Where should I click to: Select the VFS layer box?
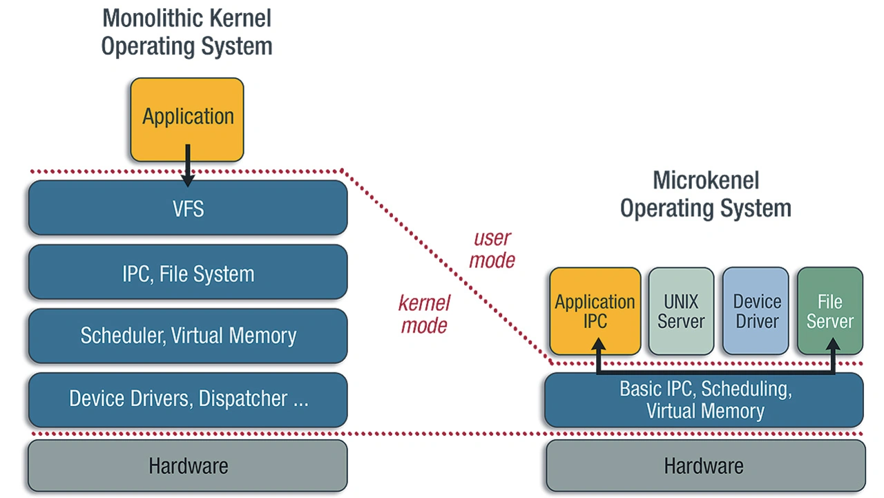pyautogui.click(x=187, y=208)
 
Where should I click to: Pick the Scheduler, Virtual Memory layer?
pyautogui.click(x=187, y=336)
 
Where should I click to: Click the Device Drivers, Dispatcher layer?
pyautogui.click(x=187, y=399)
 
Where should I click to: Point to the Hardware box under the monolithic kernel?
pyautogui.click(x=187, y=466)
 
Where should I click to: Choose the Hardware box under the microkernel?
pyautogui.click(x=704, y=466)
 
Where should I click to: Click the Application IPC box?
pyautogui.click(x=595, y=311)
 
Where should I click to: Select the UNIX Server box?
pyautogui.click(x=681, y=311)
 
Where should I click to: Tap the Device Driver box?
pyautogui.click(x=756, y=311)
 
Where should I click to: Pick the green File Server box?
pyautogui.click(x=829, y=311)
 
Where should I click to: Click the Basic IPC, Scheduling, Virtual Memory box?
pyautogui.click(x=704, y=400)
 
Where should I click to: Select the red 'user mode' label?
pyautogui.click(x=493, y=249)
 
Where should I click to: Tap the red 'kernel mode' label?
pyautogui.click(x=424, y=314)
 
